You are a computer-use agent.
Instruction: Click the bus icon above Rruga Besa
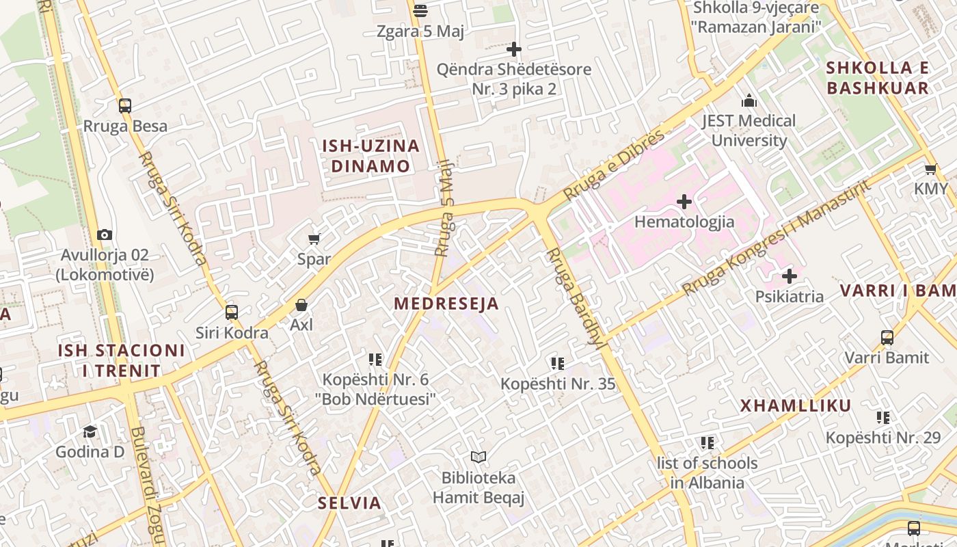[x=124, y=106]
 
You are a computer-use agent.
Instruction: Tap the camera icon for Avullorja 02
[x=105, y=235]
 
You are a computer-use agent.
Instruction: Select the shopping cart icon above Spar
[x=314, y=239]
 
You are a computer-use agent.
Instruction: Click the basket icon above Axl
[x=301, y=305]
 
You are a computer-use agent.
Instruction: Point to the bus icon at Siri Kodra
[x=232, y=312]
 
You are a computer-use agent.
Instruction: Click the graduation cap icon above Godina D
[x=90, y=431]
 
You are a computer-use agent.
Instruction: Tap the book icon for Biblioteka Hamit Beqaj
[x=478, y=457]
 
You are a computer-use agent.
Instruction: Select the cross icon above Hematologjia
[x=684, y=202]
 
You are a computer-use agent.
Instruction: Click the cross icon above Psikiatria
[x=790, y=276]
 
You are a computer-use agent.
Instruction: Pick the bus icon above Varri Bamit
[x=887, y=337]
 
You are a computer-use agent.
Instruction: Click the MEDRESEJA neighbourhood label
[x=446, y=304]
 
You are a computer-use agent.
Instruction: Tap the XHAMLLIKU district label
[x=796, y=405]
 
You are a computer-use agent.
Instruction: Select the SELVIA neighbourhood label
[x=349, y=503]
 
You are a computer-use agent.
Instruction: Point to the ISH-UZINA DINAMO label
[x=370, y=156]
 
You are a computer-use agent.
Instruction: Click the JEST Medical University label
[x=749, y=131]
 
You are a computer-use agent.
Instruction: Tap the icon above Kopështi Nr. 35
[x=558, y=364]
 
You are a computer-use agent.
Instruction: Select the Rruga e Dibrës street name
[x=613, y=166]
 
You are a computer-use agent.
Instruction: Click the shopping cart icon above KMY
[x=930, y=169]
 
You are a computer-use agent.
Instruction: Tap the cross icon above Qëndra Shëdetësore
[x=514, y=49]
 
